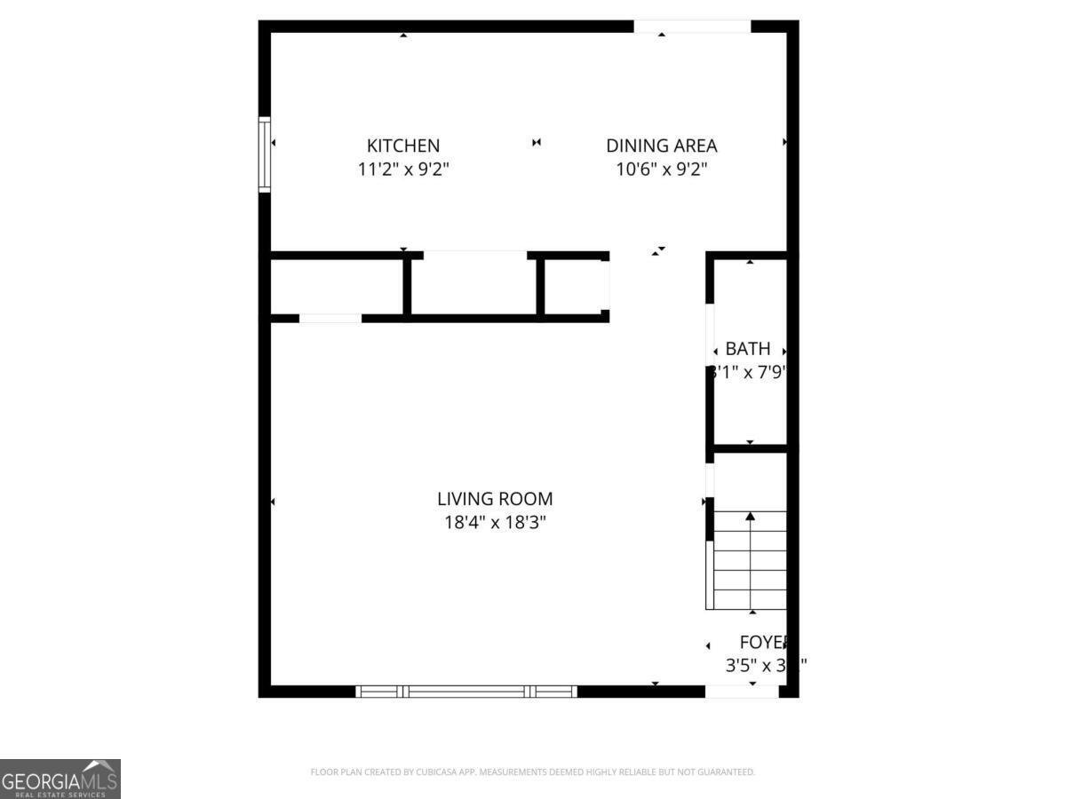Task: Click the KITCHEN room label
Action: (403, 146)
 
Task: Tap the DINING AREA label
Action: (661, 146)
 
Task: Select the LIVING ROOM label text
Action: (495, 499)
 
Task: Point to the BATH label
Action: (748, 349)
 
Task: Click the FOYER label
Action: (764, 643)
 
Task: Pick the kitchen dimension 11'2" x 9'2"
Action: (403, 169)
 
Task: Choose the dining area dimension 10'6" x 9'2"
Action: (661, 169)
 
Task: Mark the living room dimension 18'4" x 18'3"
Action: (495, 523)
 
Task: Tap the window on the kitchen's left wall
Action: (264, 154)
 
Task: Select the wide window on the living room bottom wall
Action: (466, 691)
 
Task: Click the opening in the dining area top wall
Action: (692, 27)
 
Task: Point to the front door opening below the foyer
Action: (742, 691)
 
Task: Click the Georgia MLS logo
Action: (60, 779)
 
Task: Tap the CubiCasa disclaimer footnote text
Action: (532, 772)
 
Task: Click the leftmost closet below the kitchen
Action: (336, 286)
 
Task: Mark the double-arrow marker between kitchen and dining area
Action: (537, 142)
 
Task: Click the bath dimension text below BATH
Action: (748, 373)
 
